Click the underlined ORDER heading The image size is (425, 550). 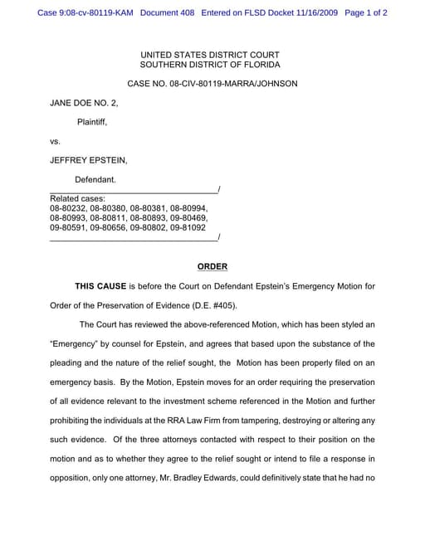212,266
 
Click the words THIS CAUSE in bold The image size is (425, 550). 102,286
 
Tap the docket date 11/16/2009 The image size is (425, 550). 314,13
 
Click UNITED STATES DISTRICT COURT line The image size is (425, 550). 210,55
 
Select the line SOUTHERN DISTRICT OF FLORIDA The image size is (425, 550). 210,65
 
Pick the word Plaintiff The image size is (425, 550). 91,122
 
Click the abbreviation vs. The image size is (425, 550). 56,141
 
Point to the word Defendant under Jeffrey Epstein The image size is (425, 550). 95,179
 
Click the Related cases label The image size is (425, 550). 77,199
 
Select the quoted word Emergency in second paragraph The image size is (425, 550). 76,343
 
